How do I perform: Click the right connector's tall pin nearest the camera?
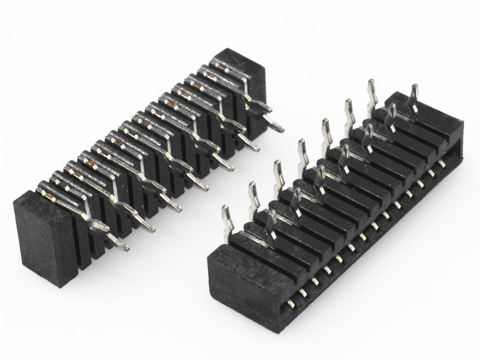click(226, 218)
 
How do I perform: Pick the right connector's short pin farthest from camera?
click(414, 96)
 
